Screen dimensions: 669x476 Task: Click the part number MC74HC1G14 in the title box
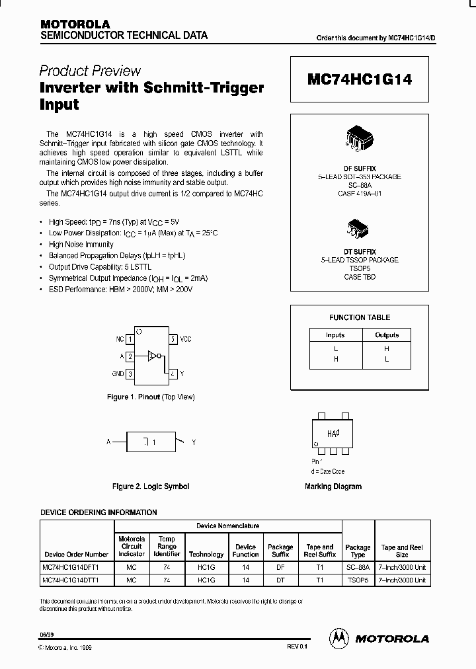click(360, 79)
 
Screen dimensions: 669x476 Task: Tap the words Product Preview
click(90, 71)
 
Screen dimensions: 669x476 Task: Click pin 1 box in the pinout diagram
click(131, 339)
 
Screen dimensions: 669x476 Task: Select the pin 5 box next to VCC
click(173, 339)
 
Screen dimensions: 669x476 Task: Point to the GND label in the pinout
click(118, 374)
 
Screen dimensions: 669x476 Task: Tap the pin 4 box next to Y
click(173, 374)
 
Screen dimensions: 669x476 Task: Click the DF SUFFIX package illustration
click(360, 136)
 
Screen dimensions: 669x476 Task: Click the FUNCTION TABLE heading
click(360, 317)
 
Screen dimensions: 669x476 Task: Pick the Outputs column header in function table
click(387, 335)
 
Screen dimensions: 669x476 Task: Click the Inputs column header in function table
click(335, 335)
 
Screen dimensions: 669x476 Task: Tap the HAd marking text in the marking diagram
click(334, 434)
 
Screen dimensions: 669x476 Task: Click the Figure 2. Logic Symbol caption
click(151, 487)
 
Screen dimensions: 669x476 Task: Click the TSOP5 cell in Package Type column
click(358, 580)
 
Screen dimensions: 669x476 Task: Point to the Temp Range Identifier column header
click(167, 547)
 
